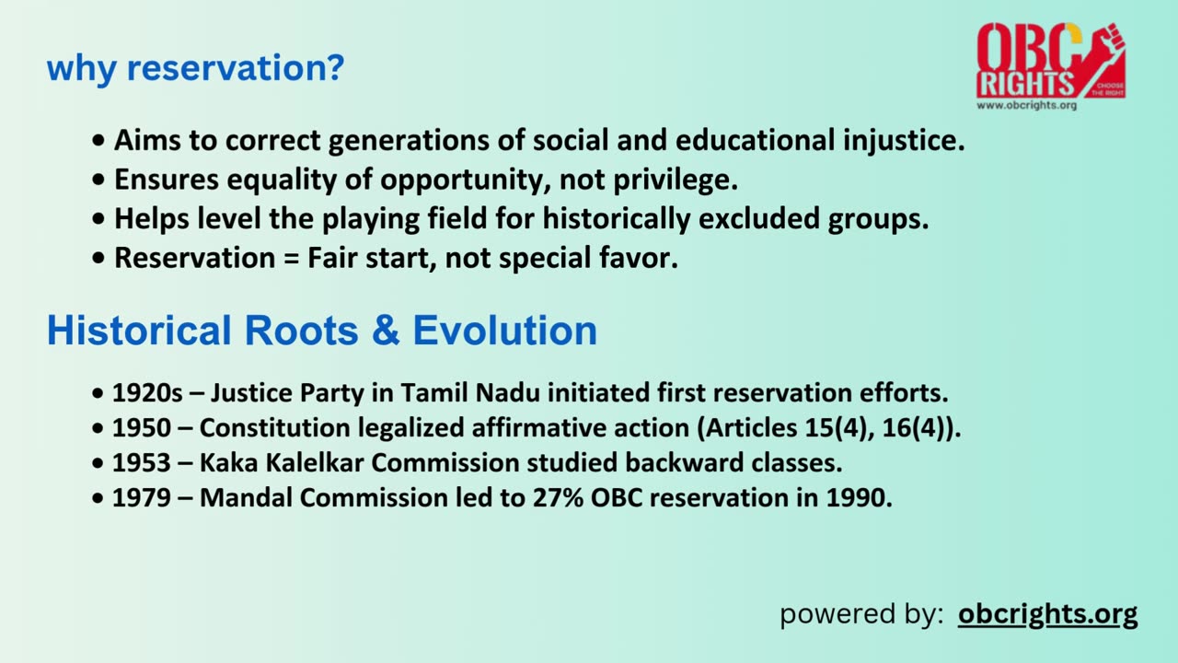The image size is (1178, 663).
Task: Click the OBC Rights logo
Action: tap(1050, 61)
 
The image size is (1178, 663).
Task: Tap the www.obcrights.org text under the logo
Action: tap(1025, 105)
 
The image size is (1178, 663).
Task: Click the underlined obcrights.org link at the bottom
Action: tap(1047, 613)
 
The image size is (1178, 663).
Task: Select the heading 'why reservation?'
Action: tap(194, 68)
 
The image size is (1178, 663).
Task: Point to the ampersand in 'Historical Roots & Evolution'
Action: tap(386, 331)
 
